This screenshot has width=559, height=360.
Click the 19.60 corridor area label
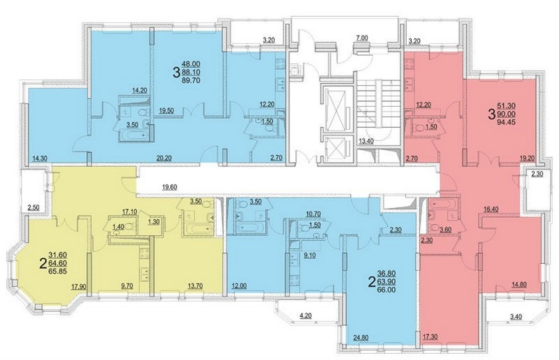click(x=170, y=186)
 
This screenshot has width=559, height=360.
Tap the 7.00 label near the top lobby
click(x=362, y=37)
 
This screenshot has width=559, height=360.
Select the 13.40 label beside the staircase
click(x=366, y=141)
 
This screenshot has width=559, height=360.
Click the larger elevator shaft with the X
click(x=335, y=107)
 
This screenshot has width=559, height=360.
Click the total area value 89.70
click(x=191, y=81)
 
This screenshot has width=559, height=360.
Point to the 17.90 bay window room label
click(x=78, y=286)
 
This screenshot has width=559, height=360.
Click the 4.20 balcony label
click(x=306, y=315)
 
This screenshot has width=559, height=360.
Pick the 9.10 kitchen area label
click(x=307, y=255)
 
